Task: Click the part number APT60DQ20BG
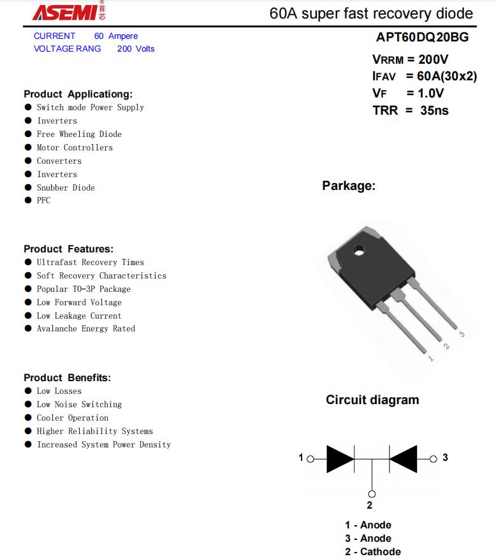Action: (422, 37)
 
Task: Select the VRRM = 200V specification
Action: (410, 60)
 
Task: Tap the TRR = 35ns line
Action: (410, 110)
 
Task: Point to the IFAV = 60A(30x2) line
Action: (424, 76)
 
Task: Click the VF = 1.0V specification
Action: (408, 93)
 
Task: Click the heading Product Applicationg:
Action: (78, 94)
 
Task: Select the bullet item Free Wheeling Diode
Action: (78, 134)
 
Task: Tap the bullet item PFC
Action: (43, 201)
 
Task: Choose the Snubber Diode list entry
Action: (66, 188)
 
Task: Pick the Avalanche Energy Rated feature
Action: (85, 329)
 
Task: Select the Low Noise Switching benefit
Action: (79, 405)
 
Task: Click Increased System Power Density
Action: (103, 445)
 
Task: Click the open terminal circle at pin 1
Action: (310, 458)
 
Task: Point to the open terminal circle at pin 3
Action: (434, 458)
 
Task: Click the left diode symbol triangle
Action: (339, 458)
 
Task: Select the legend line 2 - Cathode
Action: (373, 552)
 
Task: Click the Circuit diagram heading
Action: (372, 400)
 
